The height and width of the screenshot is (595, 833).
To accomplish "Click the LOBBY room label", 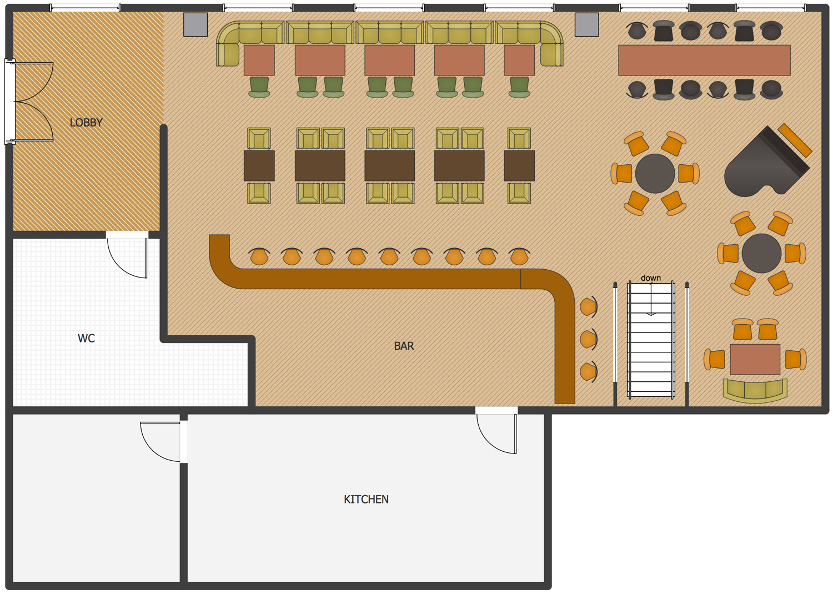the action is pyautogui.click(x=86, y=122).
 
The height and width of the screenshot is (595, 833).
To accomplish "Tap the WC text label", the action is pyautogui.click(x=86, y=338).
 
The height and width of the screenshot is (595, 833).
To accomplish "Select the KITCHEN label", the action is pyautogui.click(x=366, y=499).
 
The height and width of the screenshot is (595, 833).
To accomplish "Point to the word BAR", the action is pyautogui.click(x=404, y=346).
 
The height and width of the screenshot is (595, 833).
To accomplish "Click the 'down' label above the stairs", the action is pyautogui.click(x=651, y=278).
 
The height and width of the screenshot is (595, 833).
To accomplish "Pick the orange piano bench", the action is pyautogui.click(x=795, y=140).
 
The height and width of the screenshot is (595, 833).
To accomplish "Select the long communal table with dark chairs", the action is pyautogui.click(x=704, y=60).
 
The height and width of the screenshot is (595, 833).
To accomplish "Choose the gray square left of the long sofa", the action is pyautogui.click(x=195, y=24).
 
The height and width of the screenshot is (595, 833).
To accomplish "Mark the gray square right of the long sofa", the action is pyautogui.click(x=587, y=24).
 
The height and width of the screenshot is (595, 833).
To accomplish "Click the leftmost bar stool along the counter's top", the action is pyautogui.click(x=259, y=256).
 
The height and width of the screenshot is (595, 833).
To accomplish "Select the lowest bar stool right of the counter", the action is pyautogui.click(x=589, y=372).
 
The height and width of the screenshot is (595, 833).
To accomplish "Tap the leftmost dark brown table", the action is pyautogui.click(x=259, y=166).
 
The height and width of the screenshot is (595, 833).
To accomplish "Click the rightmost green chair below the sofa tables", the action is pyautogui.click(x=519, y=87).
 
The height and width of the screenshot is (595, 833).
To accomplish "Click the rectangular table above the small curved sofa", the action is pyautogui.click(x=755, y=359).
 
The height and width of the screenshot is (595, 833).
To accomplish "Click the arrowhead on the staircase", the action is pyautogui.click(x=651, y=314).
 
